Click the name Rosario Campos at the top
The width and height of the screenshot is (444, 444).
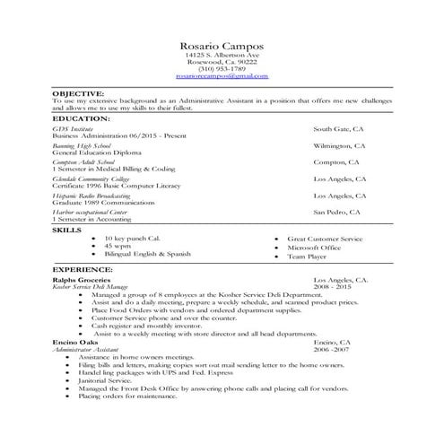click(221, 44)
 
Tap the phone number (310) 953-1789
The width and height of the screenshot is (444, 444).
click(221, 68)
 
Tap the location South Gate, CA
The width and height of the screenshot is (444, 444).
click(339, 128)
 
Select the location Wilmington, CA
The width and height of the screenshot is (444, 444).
click(339, 144)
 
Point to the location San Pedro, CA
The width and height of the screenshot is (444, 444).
click(337, 212)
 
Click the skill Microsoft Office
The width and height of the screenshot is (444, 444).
click(318, 248)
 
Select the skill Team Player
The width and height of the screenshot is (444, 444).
click(308, 257)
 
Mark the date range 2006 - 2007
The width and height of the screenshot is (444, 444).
click(333, 351)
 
